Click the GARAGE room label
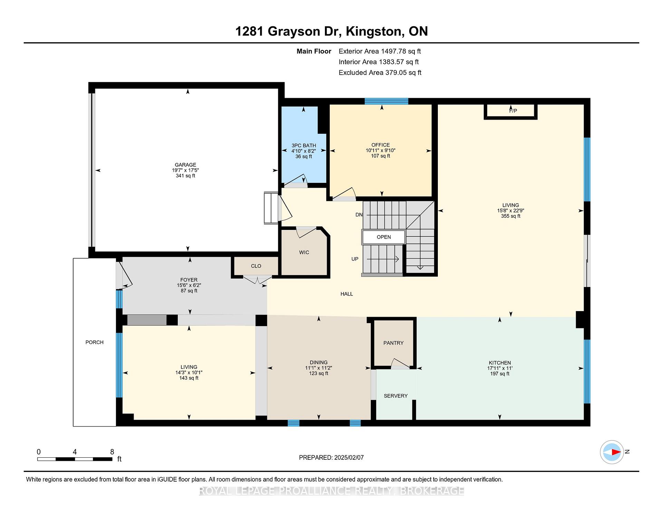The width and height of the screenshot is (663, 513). coord(185,165)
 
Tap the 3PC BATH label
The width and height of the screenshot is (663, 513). coord(304,146)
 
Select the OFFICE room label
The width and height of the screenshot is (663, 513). coord(381,145)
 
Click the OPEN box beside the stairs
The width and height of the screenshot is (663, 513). coord(384,237)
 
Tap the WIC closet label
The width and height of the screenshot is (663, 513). coord(304,252)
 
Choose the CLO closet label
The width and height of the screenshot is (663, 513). coord(256,266)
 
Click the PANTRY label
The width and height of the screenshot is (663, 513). coord(393,343)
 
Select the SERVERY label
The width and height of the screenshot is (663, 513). coord(396,396)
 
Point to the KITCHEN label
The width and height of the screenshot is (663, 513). coord(500,363)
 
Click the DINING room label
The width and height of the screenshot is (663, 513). coord(318,363)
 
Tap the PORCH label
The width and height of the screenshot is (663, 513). coord(95,342)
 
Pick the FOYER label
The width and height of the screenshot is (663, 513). coord(189,280)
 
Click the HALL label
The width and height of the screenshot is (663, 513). coord(347,294)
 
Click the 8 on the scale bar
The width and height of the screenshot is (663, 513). coord(112,452)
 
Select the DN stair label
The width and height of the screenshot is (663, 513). coord(359,215)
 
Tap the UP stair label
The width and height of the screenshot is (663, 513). coord(355,259)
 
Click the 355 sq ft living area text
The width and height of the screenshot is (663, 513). coord(511,216)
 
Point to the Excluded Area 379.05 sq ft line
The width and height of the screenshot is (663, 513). coord(380,73)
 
